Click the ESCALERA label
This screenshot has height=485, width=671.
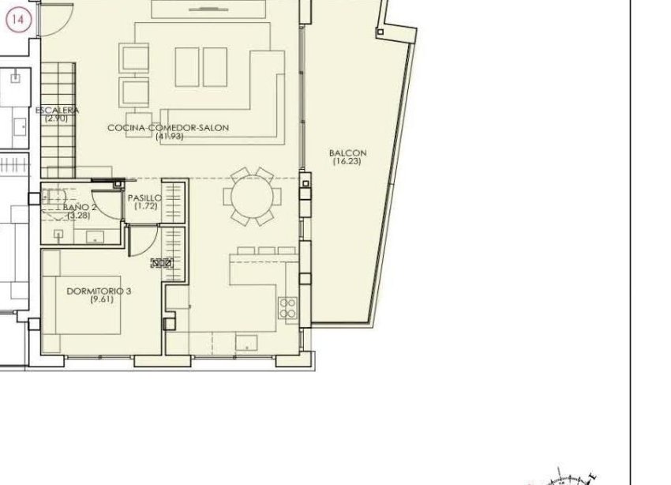coord(57,111)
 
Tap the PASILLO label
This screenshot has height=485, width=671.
coord(144,197)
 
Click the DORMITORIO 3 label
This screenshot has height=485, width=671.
coord(99,291)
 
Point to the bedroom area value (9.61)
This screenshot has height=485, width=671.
coord(99,299)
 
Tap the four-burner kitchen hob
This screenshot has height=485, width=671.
coord(287,307)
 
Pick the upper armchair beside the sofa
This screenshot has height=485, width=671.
coord(134,58)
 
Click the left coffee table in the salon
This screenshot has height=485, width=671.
coord(187,66)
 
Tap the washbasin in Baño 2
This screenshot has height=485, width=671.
coord(94,235)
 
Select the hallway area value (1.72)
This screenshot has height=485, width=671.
coord(144,206)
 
